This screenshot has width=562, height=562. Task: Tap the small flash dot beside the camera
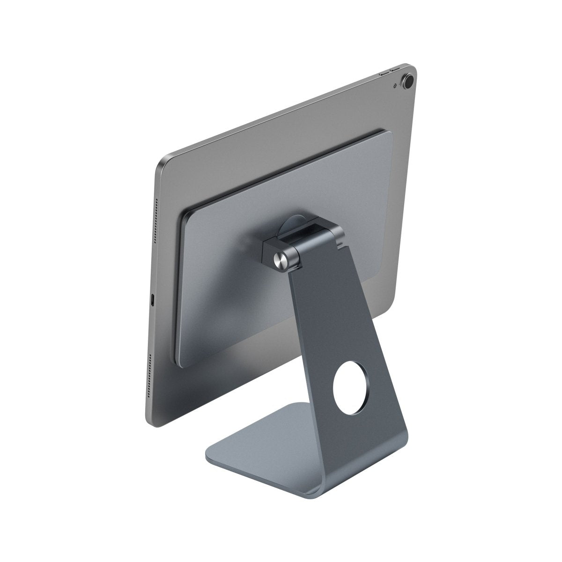coord(397,85)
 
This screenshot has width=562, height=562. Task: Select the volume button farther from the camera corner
coord(383,74)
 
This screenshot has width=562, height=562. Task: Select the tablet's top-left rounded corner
coord(162,164)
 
